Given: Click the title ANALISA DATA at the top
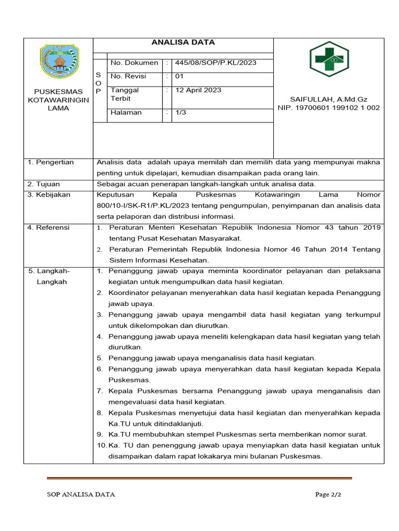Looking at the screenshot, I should click(183, 43).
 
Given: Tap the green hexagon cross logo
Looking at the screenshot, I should click(329, 59).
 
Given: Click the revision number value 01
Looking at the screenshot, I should click(180, 76).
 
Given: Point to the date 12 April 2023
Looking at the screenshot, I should click(198, 90).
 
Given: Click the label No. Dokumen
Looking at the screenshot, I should click(134, 63).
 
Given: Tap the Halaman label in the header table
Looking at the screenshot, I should click(126, 113).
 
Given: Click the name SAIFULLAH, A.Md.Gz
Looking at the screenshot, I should click(328, 99).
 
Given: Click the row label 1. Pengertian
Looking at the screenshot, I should click(51, 162).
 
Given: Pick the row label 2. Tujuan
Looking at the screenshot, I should click(44, 184).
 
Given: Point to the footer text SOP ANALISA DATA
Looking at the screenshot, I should click(81, 495).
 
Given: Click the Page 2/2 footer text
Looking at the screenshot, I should click(328, 495).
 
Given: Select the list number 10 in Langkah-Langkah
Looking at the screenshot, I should click(101, 445).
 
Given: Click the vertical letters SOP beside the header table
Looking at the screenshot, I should click(98, 83).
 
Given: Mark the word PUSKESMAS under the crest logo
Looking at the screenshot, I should click(58, 92).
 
